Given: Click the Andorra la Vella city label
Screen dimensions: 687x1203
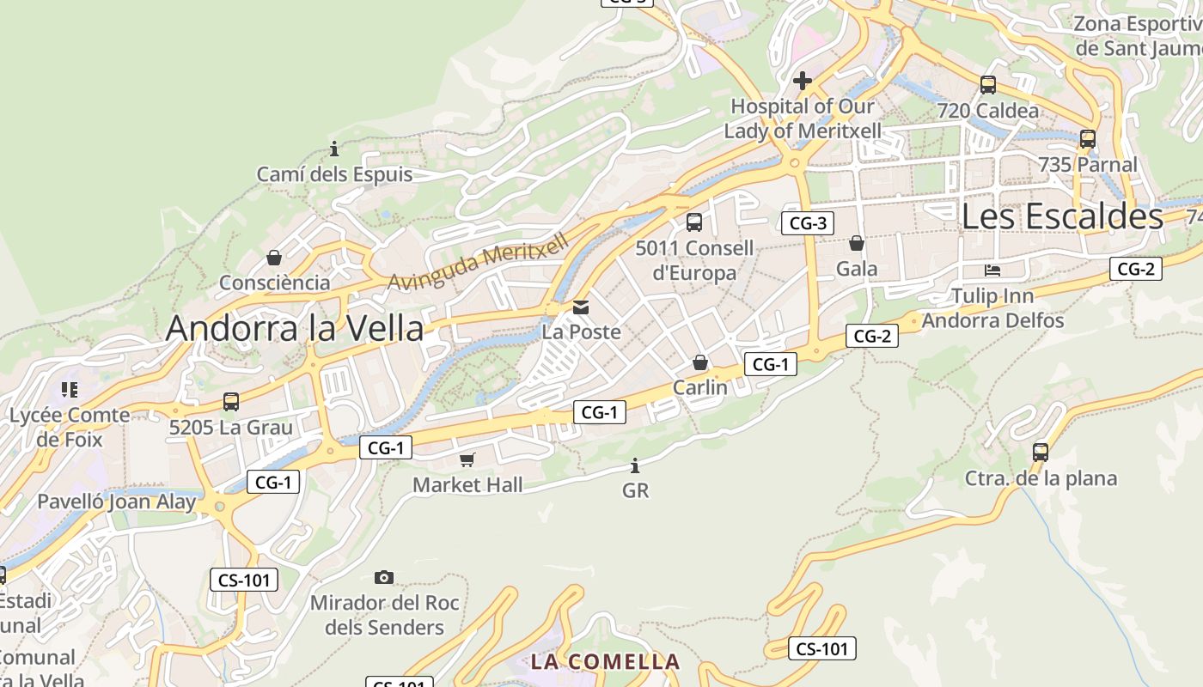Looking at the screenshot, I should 295,328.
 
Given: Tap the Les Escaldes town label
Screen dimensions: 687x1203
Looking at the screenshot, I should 1062,216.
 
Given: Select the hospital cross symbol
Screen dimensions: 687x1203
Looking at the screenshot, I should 803,81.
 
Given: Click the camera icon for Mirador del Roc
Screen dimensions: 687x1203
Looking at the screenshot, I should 384,577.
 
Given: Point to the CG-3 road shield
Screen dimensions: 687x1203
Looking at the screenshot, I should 808,224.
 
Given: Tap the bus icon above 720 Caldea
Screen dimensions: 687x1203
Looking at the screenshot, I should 988,85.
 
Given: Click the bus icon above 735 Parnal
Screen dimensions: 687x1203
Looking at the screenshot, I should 1088,139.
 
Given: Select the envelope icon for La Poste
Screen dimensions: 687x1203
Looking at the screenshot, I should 581,307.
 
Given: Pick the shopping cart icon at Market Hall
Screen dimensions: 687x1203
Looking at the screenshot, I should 467,460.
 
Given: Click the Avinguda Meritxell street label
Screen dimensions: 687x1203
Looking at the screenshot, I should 479,262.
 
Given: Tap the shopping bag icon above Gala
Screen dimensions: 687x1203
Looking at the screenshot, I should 857,244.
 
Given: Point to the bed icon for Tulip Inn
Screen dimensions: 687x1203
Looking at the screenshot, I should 992,271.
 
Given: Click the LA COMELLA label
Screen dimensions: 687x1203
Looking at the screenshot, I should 605,662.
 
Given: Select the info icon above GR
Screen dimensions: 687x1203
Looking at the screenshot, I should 635,466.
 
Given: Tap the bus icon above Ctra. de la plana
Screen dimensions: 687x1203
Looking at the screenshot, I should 1041,452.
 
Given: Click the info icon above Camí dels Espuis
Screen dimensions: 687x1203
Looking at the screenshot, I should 334,149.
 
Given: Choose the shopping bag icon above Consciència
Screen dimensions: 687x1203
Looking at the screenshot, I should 274,258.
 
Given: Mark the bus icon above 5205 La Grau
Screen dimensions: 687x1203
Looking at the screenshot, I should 230,402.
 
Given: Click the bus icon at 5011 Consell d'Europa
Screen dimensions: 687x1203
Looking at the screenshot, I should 694,222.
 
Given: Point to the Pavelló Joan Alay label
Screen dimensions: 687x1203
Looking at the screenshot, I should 117,502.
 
